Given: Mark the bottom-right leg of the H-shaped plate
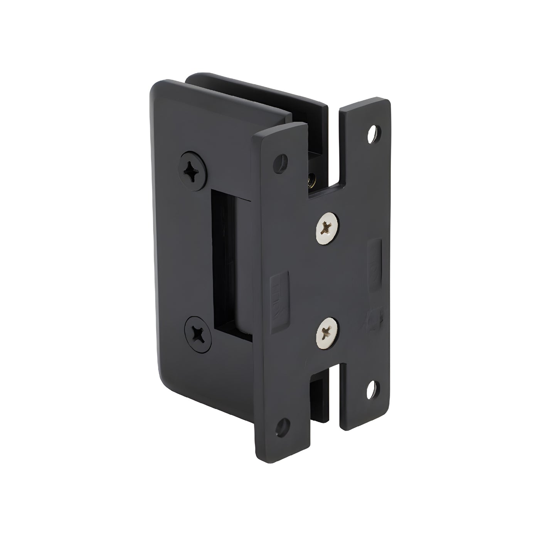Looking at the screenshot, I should [364, 401].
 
